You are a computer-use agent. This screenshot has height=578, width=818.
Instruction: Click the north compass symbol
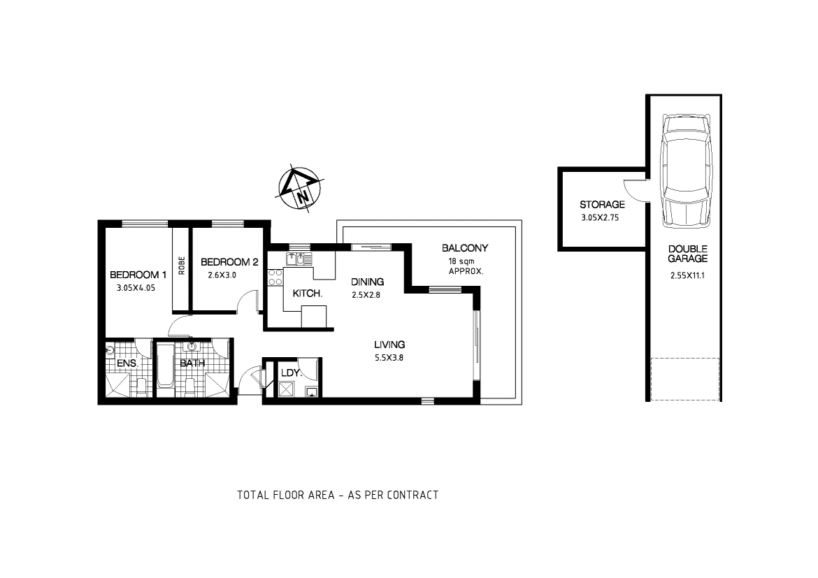click(301, 189)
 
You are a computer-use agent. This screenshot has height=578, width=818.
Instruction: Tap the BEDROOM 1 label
click(138, 274)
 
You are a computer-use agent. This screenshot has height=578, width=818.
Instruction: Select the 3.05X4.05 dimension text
click(138, 287)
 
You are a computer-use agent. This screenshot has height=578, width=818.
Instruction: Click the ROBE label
click(182, 266)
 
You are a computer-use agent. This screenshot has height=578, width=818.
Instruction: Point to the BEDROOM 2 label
click(229, 262)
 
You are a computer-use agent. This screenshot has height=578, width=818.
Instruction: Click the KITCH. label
click(308, 294)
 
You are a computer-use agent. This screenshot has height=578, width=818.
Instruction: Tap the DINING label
click(368, 282)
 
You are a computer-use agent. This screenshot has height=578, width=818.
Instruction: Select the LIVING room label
click(389, 345)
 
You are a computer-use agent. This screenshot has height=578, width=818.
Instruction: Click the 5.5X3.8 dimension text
click(389, 358)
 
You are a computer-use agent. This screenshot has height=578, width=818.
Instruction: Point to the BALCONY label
click(465, 248)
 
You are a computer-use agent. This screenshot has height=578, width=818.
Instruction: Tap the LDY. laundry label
click(291, 373)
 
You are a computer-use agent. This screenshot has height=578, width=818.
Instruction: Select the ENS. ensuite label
click(128, 364)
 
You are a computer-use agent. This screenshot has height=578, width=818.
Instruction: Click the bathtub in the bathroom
click(165, 368)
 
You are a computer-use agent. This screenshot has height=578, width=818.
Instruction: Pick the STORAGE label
click(602, 205)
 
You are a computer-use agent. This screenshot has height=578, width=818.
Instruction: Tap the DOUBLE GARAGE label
click(687, 254)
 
